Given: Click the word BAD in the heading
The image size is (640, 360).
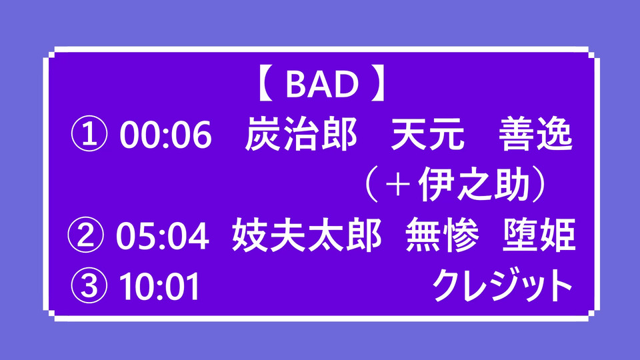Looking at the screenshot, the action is [322, 84].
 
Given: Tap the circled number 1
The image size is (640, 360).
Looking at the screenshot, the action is [89, 134].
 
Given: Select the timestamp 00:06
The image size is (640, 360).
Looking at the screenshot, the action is [166, 134].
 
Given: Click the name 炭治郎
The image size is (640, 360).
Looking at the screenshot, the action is [301, 133].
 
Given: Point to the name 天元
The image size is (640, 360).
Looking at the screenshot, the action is [428, 133].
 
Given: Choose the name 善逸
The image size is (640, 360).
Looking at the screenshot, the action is [535, 133].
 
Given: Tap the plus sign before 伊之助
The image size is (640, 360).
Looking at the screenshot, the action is [398, 185].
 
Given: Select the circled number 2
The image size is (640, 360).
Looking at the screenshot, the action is [86, 235].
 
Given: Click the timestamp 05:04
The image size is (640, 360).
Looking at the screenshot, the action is [163, 235].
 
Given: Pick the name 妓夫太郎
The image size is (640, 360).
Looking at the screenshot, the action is [307, 235].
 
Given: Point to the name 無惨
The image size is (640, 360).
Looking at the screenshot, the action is [442, 235].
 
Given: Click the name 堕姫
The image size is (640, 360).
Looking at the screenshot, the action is [539, 235].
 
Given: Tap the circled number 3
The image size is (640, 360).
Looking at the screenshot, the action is [89, 285].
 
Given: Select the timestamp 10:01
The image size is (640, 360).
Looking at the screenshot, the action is [159, 286].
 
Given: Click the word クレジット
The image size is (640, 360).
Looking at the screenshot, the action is [503, 285].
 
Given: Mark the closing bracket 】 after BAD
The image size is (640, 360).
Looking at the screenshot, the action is [378, 84].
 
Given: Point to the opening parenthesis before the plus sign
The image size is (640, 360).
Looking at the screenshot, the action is [371, 185].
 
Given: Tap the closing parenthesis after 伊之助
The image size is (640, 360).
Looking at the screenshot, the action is [541, 185].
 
